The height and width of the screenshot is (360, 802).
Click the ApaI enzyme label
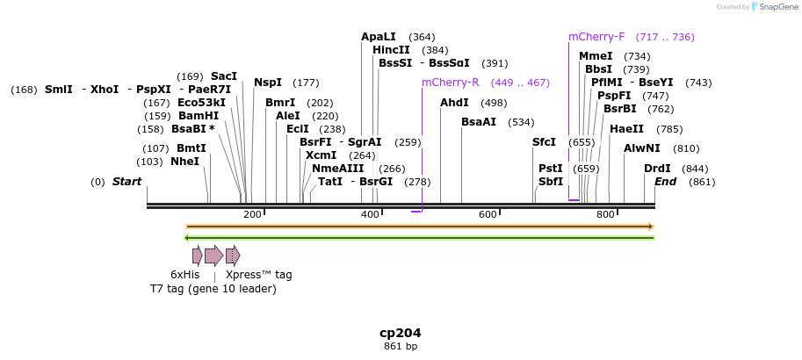379,37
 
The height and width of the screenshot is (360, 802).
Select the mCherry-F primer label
596,37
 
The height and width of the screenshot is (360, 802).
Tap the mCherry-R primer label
450,83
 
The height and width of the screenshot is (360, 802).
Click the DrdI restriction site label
657,169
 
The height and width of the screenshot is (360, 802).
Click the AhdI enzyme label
455,103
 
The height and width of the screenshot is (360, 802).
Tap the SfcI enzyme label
544,142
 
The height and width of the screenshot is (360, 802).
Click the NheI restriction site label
184,162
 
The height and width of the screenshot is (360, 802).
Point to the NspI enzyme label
268,83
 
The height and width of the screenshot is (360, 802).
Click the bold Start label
126,182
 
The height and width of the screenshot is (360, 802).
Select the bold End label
666,182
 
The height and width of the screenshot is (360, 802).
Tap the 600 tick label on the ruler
488,215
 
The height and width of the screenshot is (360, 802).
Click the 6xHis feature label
185,275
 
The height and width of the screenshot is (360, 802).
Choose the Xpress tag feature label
258,275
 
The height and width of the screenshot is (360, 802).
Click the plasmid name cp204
401,334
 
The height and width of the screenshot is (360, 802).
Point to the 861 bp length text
401,347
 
